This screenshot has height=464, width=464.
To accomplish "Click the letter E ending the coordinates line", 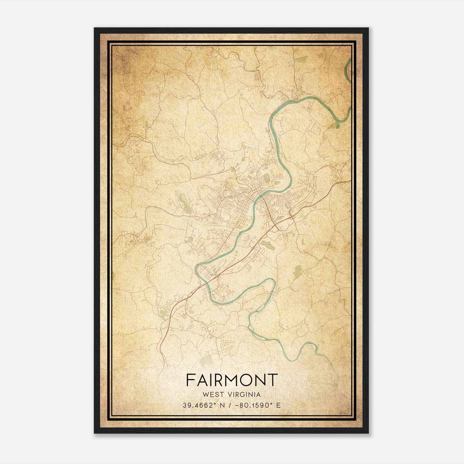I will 278,405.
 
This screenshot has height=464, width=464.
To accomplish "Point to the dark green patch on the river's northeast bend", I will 337,125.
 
